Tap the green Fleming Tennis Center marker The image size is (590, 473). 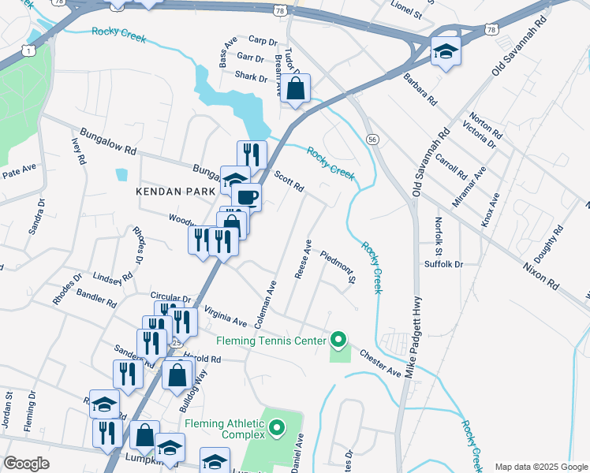[338, 341]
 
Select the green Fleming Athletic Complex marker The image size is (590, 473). [277, 428]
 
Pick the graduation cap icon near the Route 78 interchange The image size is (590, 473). [446, 52]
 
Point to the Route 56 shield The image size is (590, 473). [372, 139]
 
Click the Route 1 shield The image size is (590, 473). [28, 50]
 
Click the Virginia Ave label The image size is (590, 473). [225, 316]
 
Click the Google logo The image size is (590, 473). [26, 464]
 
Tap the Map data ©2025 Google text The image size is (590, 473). [541, 467]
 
